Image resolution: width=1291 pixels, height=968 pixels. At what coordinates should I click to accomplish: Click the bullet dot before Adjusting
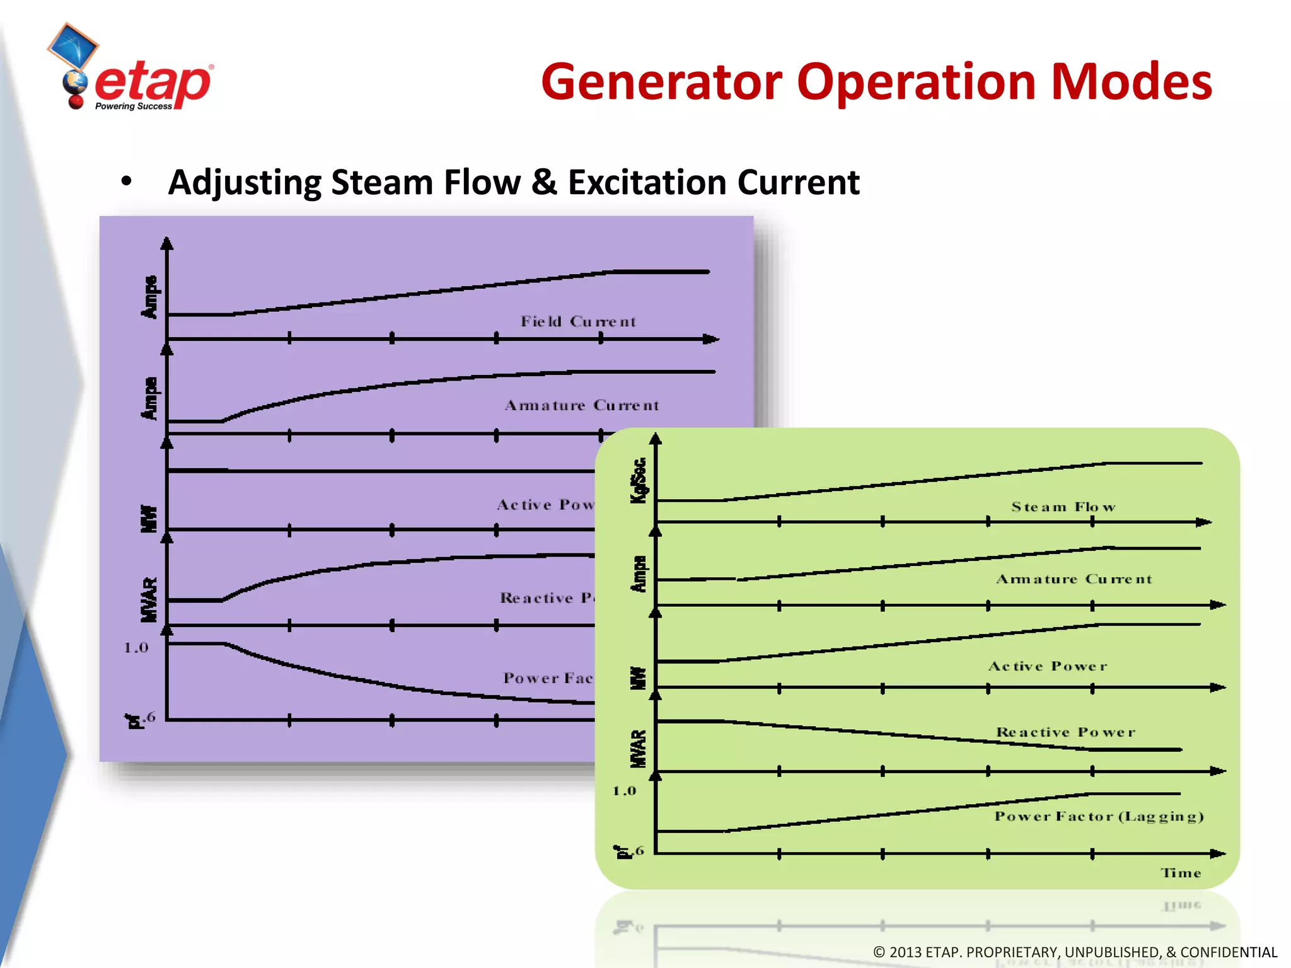[x=127, y=182]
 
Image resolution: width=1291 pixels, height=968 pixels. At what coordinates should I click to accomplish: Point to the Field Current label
[x=578, y=321]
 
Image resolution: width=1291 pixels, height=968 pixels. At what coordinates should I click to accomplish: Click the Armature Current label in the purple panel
[x=582, y=405]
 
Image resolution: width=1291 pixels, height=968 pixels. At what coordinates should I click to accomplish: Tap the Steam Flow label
[x=1063, y=507]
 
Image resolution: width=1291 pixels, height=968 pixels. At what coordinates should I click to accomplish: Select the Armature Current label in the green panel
[x=1074, y=579]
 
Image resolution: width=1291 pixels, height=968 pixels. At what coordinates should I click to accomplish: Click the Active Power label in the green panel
[x=1047, y=666]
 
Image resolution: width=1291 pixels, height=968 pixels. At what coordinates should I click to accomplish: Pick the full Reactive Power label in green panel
[x=1065, y=732]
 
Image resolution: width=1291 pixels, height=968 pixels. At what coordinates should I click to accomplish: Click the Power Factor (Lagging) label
[x=1099, y=816]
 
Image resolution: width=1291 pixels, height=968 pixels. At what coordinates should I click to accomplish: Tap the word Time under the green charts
[x=1181, y=873]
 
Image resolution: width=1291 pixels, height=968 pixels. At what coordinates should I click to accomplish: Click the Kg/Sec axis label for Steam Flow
[x=639, y=480]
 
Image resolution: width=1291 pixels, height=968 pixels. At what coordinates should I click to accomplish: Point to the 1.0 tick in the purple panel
[x=136, y=647]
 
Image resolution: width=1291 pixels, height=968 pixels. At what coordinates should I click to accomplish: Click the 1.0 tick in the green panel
[x=624, y=790]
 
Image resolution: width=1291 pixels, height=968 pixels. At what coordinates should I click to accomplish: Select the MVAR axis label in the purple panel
[x=149, y=599]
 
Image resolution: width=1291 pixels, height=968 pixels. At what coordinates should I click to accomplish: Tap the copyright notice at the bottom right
[x=1074, y=952]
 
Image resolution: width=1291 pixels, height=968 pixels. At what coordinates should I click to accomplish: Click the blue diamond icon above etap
[x=73, y=45]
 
